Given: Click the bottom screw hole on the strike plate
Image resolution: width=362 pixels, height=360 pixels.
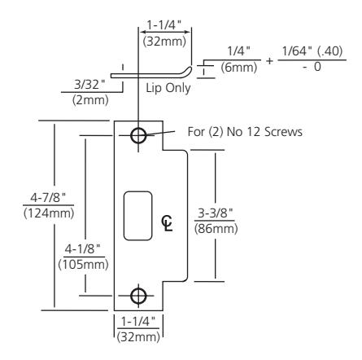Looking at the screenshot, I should (138, 294).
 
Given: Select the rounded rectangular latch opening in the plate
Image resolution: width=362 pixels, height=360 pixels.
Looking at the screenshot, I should (137, 217).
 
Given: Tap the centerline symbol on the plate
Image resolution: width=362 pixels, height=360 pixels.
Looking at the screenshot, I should (167, 222).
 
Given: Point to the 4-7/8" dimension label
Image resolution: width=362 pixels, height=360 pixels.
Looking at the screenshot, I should (25, 198).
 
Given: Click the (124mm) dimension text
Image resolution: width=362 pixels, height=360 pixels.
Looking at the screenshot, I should (25, 213).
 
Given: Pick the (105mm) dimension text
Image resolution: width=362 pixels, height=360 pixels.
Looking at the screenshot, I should (82, 266).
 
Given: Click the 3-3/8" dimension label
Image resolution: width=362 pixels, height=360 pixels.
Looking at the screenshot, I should (214, 213).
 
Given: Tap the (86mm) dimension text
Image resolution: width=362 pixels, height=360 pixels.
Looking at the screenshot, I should (214, 228).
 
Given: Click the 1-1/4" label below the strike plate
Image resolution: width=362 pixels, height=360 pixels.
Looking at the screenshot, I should (138, 322).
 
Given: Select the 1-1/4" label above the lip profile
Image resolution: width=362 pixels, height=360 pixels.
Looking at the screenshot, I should (162, 24).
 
